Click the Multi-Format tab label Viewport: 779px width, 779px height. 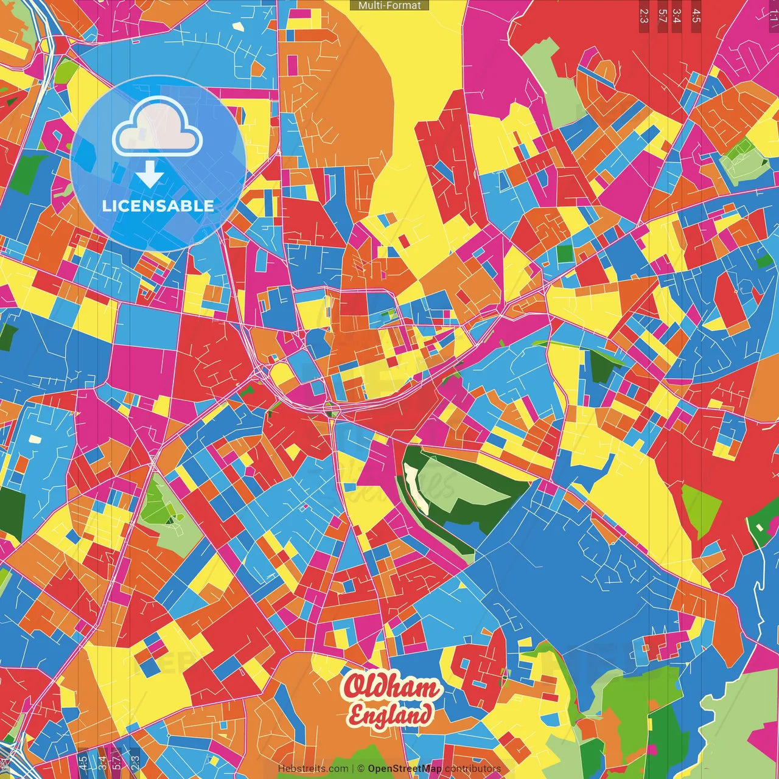[x=389, y=5]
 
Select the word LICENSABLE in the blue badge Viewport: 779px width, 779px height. [x=158, y=206]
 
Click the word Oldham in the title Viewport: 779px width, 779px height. [x=391, y=688]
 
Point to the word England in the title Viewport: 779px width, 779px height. [x=391, y=714]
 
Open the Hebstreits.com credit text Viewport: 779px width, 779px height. [x=313, y=769]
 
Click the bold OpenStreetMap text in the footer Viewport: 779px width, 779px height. [x=405, y=769]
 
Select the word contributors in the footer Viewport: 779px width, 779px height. [x=473, y=769]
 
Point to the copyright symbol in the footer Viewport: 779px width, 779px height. [x=360, y=769]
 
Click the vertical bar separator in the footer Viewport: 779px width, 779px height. [x=352, y=769]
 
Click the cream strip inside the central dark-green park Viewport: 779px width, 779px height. [x=417, y=487]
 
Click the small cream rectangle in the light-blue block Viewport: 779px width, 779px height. [x=35, y=438]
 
